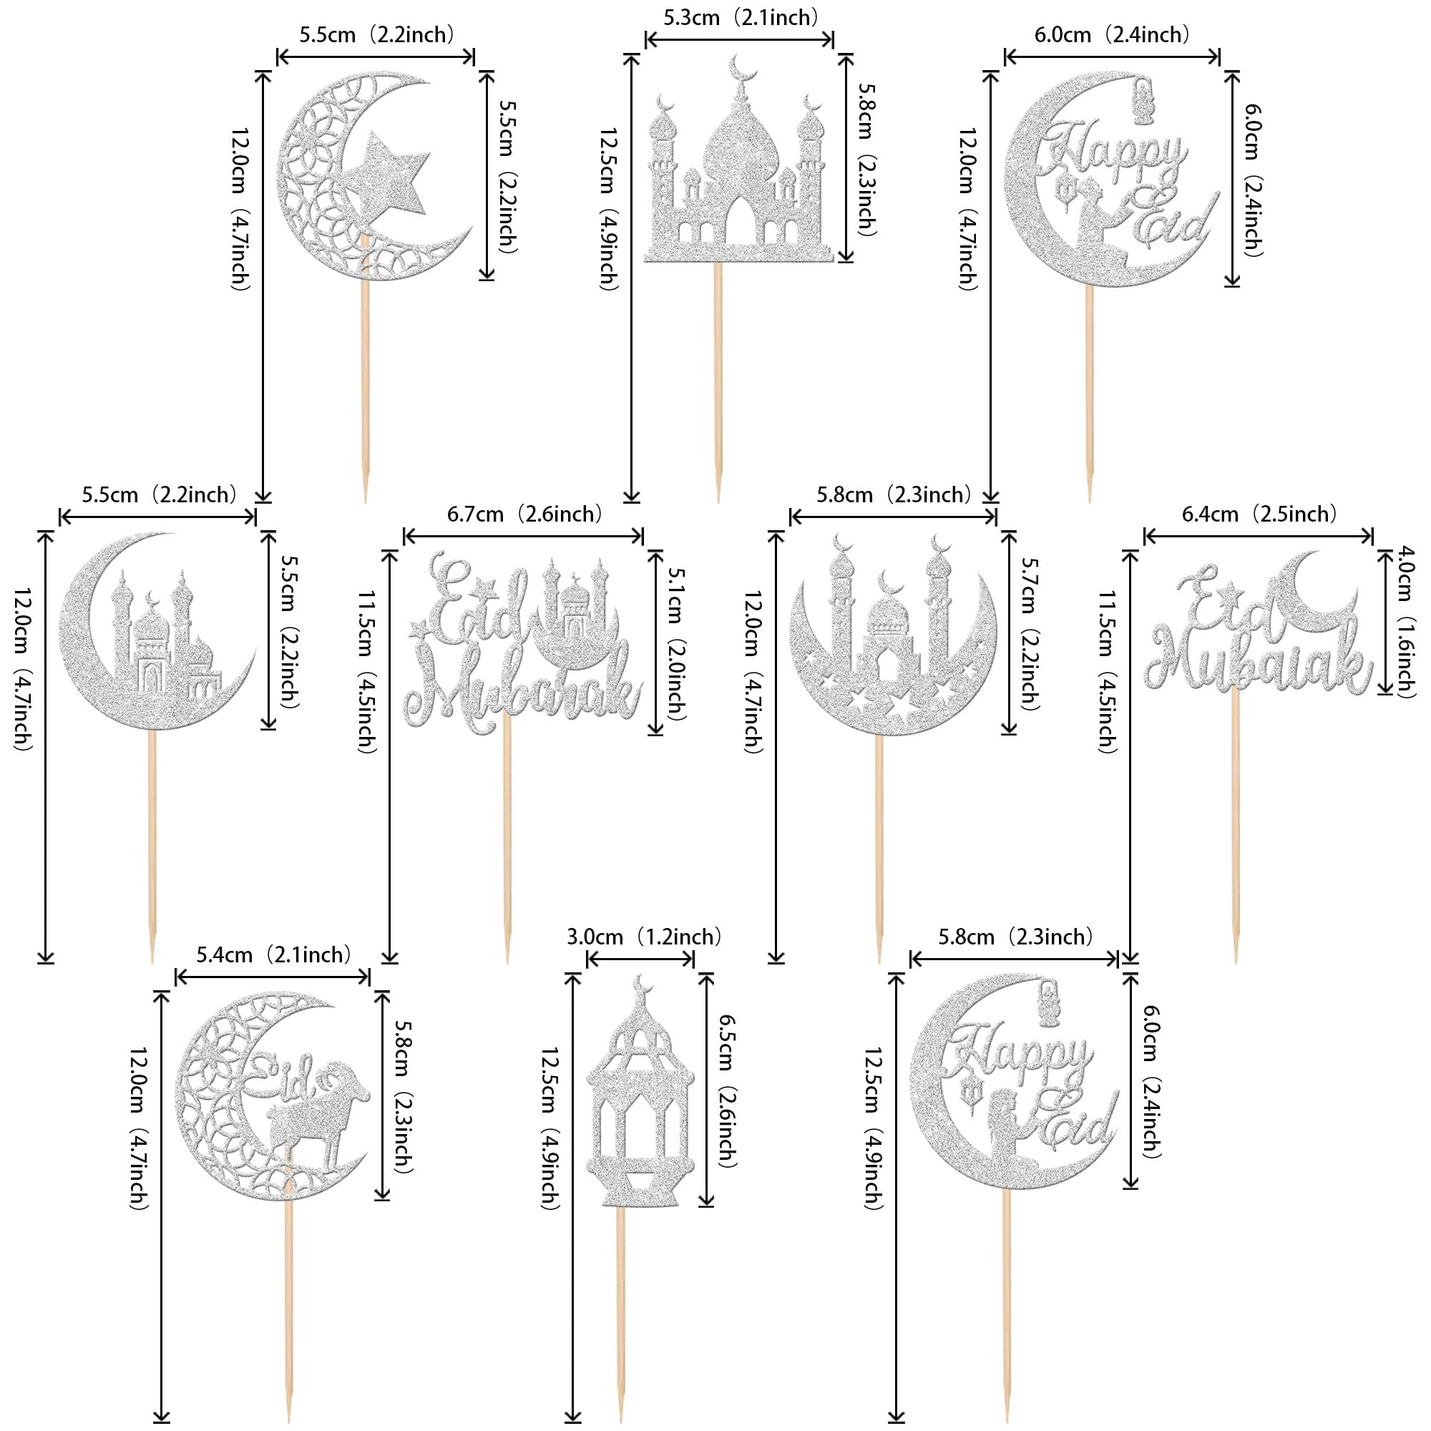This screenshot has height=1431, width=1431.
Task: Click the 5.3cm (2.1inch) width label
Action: point(741,17)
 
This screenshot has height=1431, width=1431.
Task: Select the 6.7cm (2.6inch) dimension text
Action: point(525,514)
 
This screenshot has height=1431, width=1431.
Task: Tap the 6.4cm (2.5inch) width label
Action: point(1259,514)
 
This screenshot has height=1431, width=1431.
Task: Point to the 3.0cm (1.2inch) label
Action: point(644,937)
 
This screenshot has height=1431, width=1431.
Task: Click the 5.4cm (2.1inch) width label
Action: point(274,954)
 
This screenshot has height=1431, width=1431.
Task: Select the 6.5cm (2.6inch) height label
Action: point(728,1092)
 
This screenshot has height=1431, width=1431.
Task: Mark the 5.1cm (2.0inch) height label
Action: point(675,643)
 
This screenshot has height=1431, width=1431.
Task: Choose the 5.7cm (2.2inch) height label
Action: point(1029,633)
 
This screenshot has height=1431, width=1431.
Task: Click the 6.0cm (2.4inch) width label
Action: point(1112,35)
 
